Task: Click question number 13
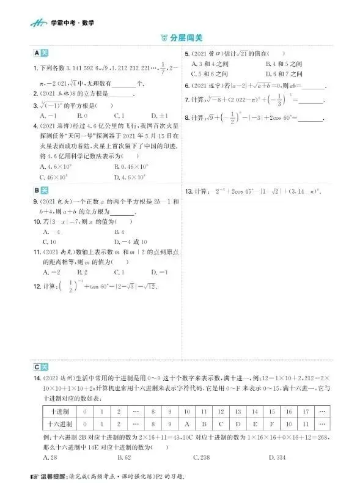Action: pyautogui.click(x=189, y=191)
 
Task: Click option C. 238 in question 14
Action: pyautogui.click(x=202, y=457)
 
